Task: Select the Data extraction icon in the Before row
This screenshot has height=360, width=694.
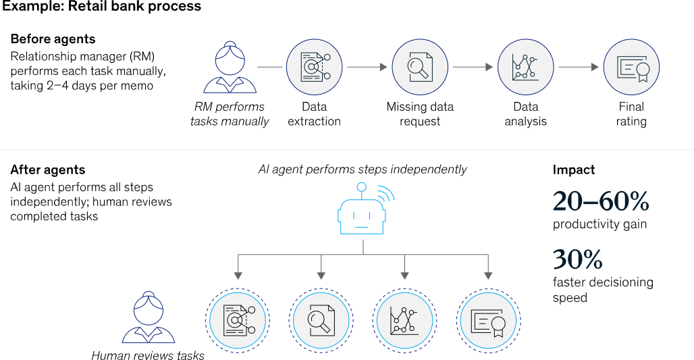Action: [x=314, y=67]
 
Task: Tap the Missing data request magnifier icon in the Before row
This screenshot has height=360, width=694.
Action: [x=420, y=67]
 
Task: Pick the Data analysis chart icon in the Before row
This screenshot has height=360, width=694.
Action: [x=525, y=67]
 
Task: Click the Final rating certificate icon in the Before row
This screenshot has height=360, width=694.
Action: [x=631, y=67]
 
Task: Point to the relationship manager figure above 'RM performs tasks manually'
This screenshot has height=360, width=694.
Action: [x=230, y=68]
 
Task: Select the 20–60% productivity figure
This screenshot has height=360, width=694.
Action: [x=601, y=201]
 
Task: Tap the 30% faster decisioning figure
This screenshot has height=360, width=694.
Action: [x=577, y=259]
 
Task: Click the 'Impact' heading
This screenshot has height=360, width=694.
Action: [x=573, y=170]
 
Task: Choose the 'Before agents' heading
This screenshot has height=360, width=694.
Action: [x=53, y=39]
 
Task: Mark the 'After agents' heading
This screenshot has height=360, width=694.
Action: [x=48, y=170]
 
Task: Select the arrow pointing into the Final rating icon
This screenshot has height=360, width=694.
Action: [x=579, y=68]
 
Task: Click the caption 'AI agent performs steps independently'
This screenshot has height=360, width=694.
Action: [x=363, y=170]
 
